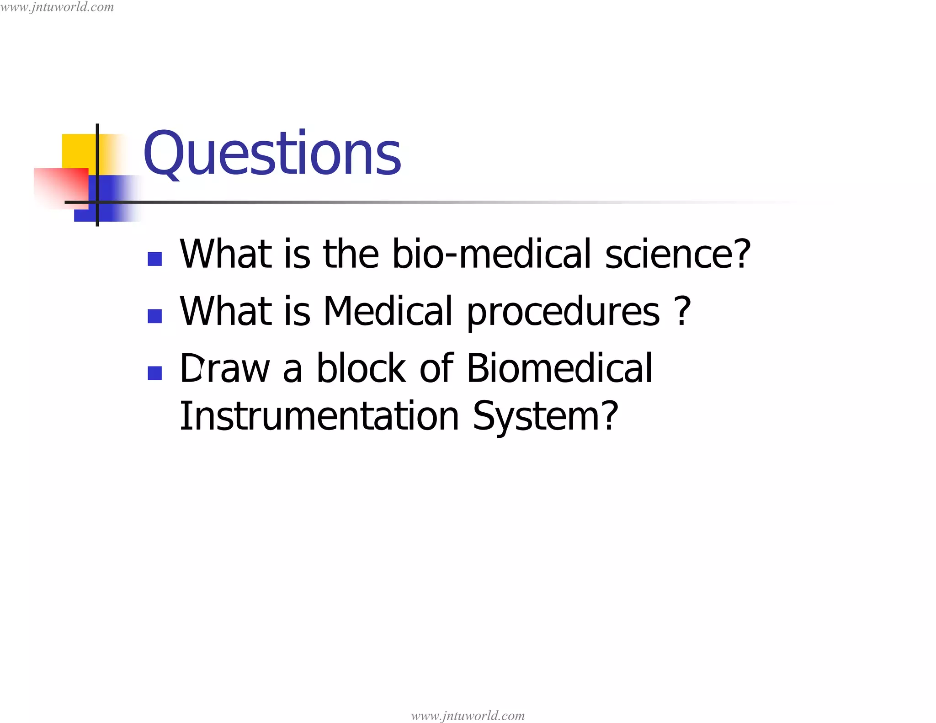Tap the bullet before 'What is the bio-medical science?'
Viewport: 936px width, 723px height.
pyautogui.click(x=155, y=259)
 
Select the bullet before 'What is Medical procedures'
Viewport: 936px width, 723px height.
pyautogui.click(x=155, y=316)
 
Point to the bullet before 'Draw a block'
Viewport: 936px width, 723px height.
pyautogui.click(x=155, y=373)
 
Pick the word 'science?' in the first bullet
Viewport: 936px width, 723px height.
pyautogui.click(x=678, y=254)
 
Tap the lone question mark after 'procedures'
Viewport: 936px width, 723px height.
pyautogui.click(x=682, y=311)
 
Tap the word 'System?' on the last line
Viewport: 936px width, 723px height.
pyautogui.click(x=545, y=417)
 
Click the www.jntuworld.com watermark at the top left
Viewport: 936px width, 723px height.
pyautogui.click(x=57, y=7)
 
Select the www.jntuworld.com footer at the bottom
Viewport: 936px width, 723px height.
pyautogui.click(x=468, y=715)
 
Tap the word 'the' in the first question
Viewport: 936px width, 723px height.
pyautogui.click(x=351, y=254)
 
